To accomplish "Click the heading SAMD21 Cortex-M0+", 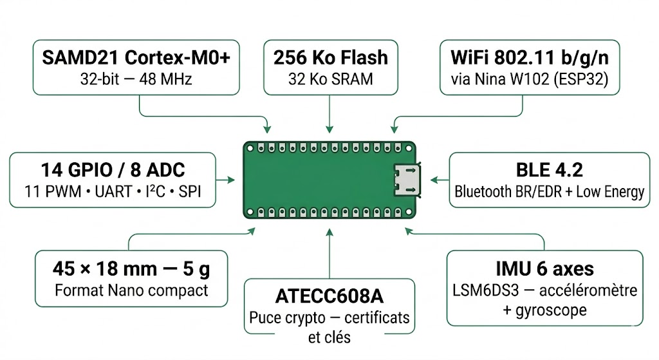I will pos(136,57).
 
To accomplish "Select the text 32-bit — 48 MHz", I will pos(136,79).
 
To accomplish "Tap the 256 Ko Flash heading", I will pos(331,57).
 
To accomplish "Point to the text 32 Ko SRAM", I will pos(331,79).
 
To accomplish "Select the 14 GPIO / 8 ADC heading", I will pos(113,170).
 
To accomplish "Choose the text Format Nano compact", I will pos(131,290).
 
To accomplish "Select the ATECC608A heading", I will pos(329,296).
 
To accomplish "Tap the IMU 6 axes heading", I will pos(544,269).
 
